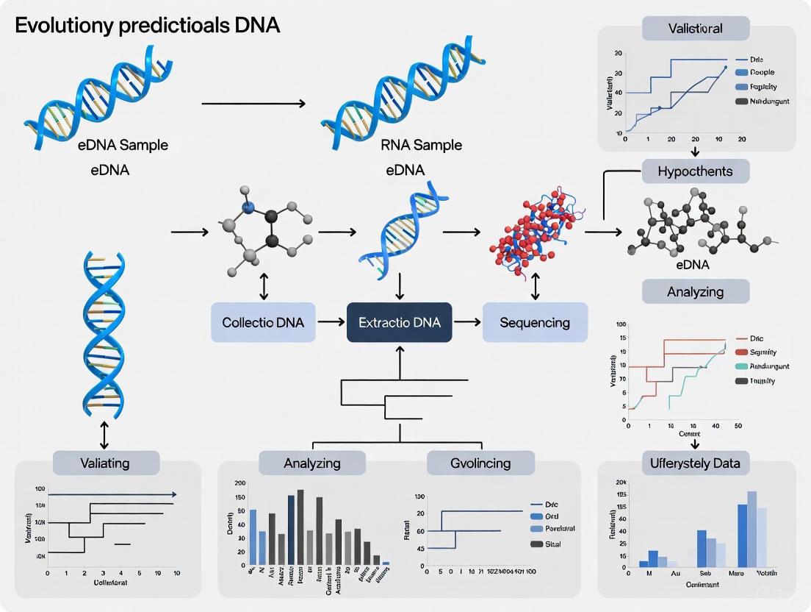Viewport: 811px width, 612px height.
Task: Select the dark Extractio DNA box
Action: point(399,322)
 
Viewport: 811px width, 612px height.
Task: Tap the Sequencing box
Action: point(535,322)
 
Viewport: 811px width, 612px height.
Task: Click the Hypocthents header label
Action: point(696,171)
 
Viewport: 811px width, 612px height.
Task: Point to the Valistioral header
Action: point(696,29)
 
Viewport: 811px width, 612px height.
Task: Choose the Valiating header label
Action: point(106,463)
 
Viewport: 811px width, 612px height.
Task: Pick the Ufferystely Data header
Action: point(696,463)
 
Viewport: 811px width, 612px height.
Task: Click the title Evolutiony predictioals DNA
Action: point(147,25)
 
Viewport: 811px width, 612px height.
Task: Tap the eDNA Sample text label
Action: point(123,145)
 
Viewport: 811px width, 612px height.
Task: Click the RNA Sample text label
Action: point(422,145)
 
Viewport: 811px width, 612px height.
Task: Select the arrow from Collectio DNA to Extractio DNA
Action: point(331,322)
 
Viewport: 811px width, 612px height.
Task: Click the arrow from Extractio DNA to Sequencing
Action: point(466,322)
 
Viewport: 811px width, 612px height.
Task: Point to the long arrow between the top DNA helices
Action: point(253,104)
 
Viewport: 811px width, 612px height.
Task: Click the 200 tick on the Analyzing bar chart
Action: point(240,483)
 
